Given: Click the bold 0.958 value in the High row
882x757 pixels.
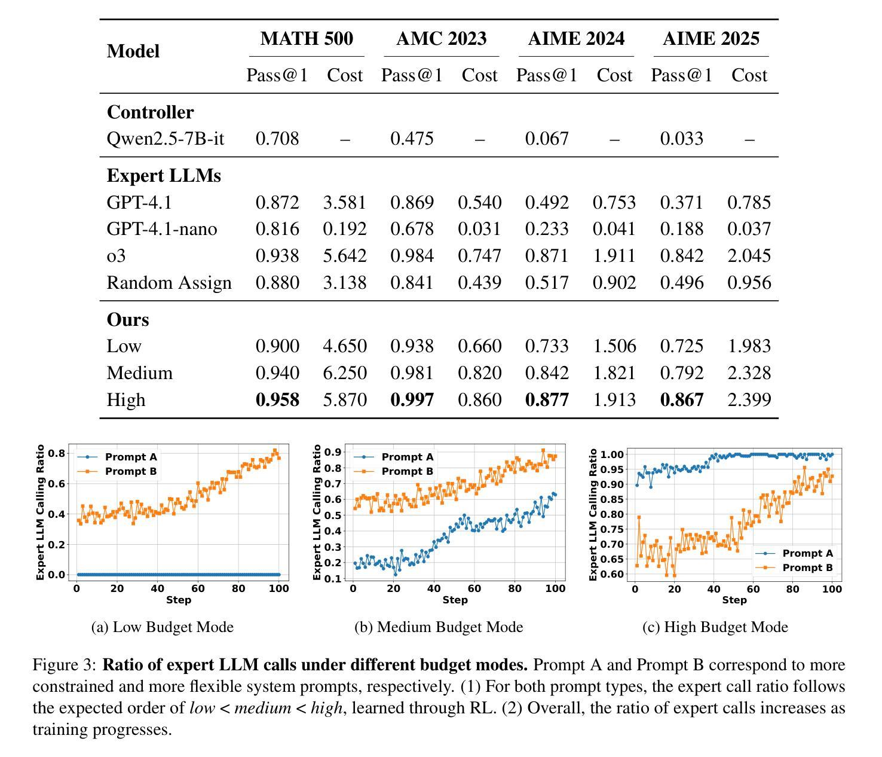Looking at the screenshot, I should [277, 399].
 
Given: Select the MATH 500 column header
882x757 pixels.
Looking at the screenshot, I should [307, 39].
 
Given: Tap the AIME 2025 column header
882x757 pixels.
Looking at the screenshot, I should [711, 39].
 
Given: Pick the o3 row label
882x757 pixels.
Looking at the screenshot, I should [117, 256].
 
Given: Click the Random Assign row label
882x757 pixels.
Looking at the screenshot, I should [169, 283].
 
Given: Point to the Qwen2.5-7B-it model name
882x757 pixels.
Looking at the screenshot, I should [166, 139].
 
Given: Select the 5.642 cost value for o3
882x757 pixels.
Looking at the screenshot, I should [345, 256].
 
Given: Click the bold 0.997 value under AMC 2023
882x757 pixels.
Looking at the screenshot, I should [412, 399].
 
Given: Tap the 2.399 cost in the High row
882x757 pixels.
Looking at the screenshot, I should [749, 399].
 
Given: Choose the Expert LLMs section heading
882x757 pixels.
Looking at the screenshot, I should [164, 176].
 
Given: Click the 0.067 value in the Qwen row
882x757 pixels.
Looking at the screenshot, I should [547, 139].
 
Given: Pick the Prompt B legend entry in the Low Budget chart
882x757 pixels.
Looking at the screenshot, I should [130, 472].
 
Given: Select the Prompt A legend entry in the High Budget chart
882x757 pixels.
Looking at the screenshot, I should [807, 553].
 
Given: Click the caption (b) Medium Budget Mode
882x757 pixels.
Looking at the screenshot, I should [439, 627].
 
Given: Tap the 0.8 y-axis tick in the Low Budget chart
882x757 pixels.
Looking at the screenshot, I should [57, 453].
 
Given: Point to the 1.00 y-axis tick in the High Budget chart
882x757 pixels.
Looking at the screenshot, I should [612, 454].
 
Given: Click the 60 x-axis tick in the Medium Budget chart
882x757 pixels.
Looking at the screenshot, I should [474, 588].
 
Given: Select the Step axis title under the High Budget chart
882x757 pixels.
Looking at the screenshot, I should [734, 600].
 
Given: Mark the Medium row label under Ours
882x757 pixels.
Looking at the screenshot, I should [140, 373].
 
